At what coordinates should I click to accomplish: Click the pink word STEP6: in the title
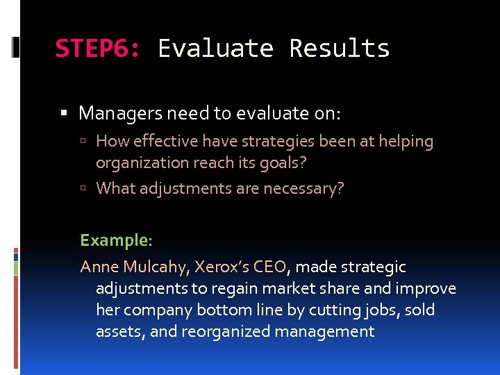[x=98, y=49]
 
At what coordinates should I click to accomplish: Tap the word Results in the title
[x=339, y=49]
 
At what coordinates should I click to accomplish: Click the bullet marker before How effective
[x=83, y=142]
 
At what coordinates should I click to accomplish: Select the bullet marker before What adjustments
[x=83, y=189]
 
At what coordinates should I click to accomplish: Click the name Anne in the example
[x=99, y=267]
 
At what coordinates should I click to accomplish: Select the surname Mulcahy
[x=156, y=267]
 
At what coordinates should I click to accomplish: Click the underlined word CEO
[x=270, y=267]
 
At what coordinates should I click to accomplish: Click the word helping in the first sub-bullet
[x=404, y=142]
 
